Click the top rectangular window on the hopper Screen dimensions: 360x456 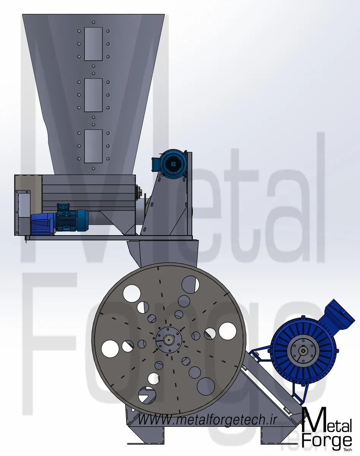pyautogui.click(x=93, y=44)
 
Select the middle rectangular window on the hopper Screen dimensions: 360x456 pyautogui.click(x=93, y=95)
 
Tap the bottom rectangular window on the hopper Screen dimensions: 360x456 pyautogui.click(x=93, y=146)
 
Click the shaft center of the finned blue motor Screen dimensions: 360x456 pyautogui.click(x=302, y=351)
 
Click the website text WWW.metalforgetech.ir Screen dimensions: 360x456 pyautogui.click(x=207, y=420)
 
